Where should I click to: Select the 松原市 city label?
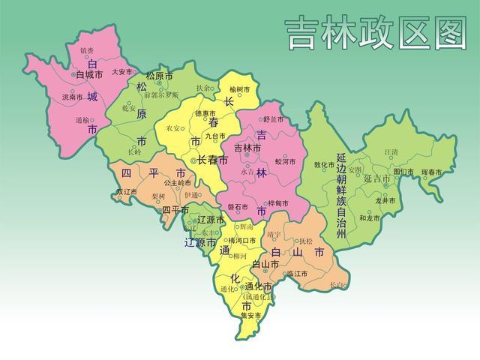pos(159,76)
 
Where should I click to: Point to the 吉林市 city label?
pos(247,148)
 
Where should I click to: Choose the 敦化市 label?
pos(324,164)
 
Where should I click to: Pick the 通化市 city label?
pos(258,286)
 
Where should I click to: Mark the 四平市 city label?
pos(175,210)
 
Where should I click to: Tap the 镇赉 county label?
pos(87,50)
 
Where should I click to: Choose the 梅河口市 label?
pos(241,240)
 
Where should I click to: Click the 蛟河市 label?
pos(286,160)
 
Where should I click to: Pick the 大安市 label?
pos(121,72)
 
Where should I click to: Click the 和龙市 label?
pos(369,218)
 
